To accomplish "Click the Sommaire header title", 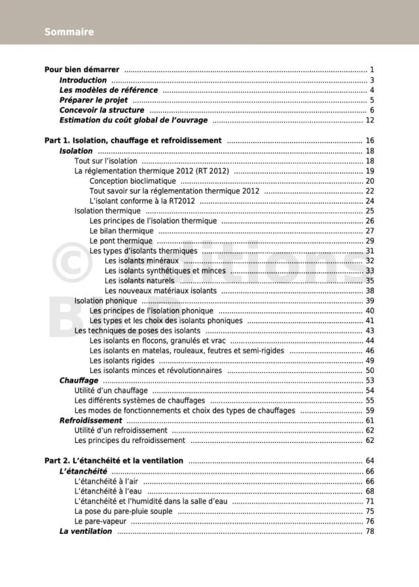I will coord(69,32).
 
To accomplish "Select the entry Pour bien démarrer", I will coord(82,70).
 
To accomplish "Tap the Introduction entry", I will coord(83,80).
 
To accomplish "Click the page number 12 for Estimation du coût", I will coord(370,120).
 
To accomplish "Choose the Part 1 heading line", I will coord(133,141).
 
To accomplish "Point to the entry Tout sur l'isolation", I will coord(106,161).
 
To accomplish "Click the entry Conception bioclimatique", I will coord(133,181).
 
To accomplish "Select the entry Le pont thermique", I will coord(121,241).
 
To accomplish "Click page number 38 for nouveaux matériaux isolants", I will coord(370,291).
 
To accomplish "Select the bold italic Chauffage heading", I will coord(79,381).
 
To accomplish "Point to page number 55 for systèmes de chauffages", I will coord(370,400).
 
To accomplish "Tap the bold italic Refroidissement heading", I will coord(91,421).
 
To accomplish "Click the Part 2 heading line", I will coord(114,461).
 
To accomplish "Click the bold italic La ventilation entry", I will coord(86,531).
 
